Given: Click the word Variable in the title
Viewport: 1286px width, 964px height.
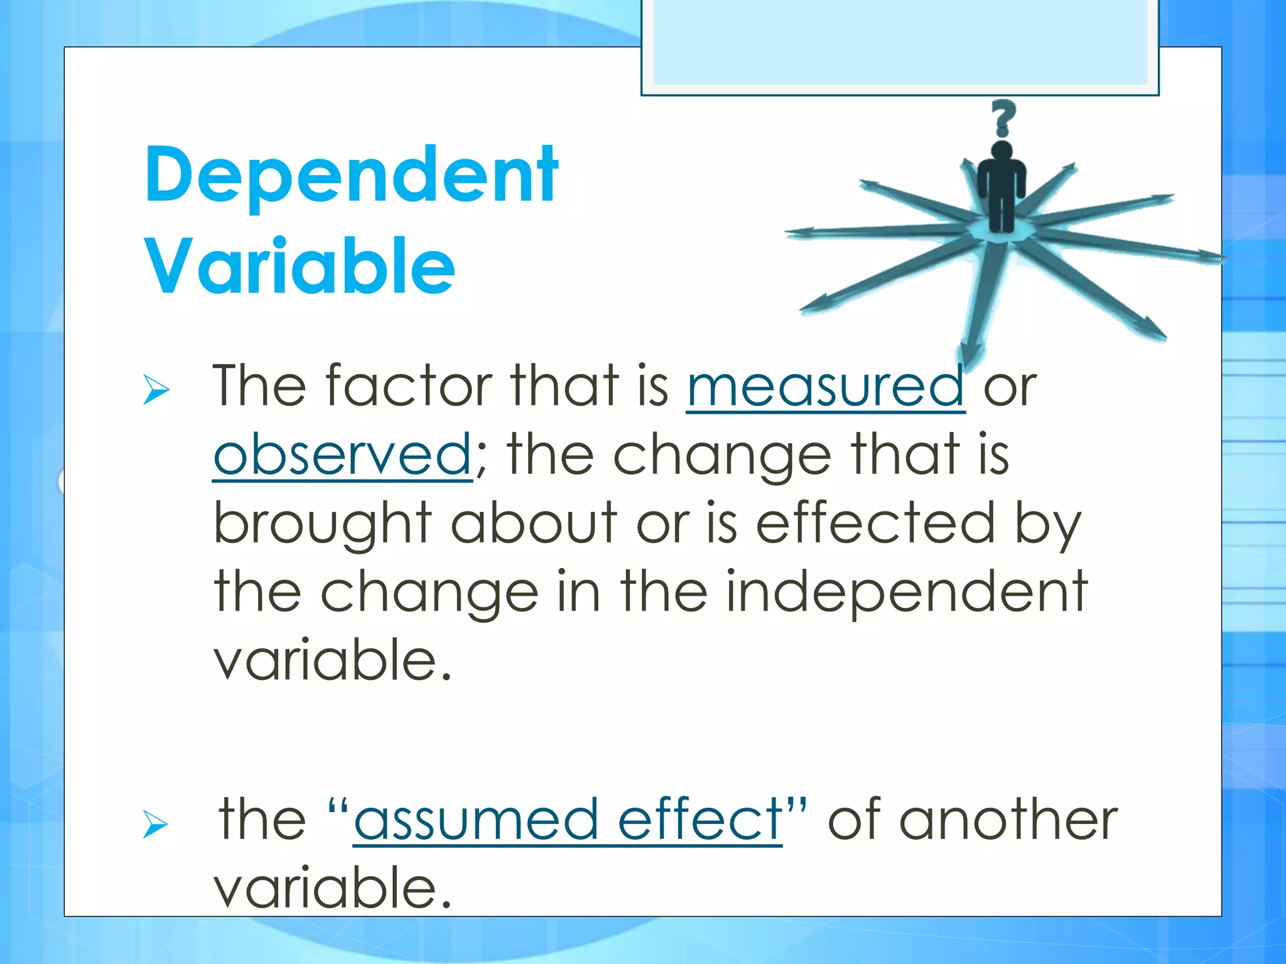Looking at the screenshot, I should [x=300, y=266].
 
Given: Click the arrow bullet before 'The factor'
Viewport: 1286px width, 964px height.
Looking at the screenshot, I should [x=156, y=388].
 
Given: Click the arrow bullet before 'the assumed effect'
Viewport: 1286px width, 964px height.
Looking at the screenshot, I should [x=155, y=823].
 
